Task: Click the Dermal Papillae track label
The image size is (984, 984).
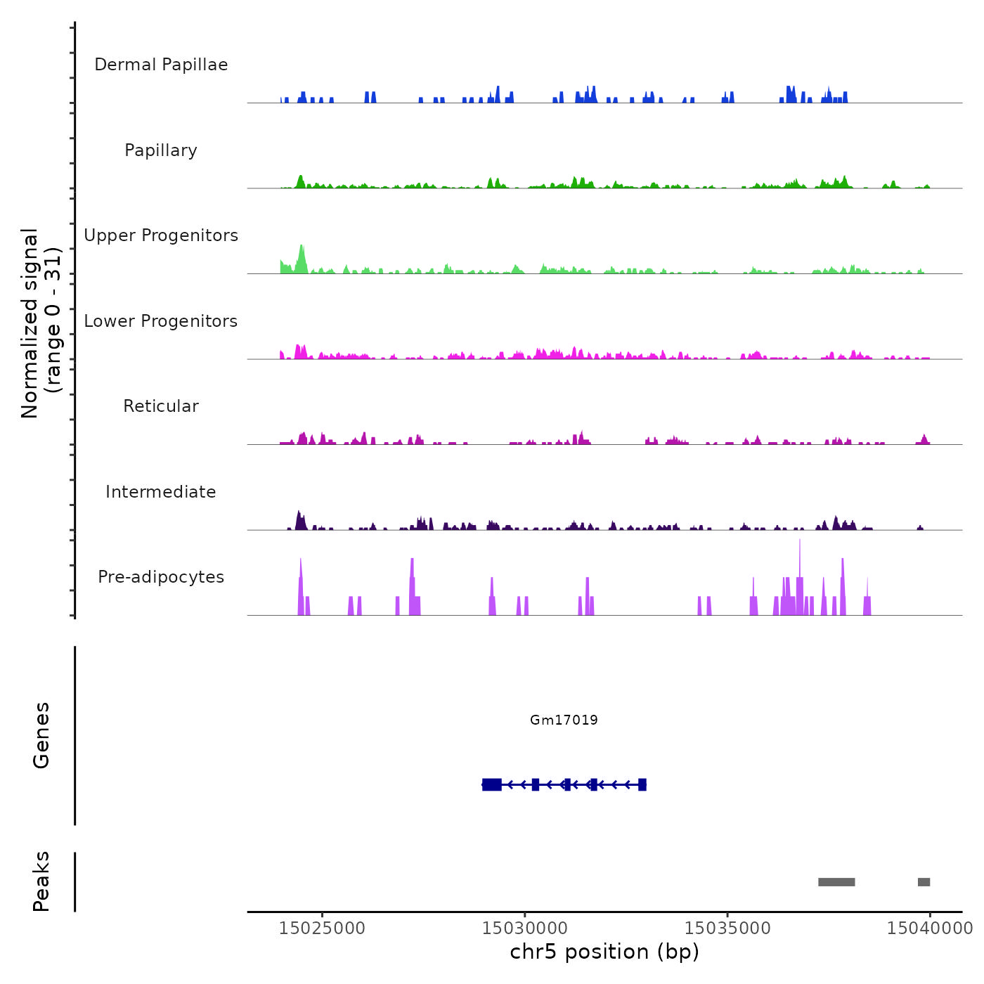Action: (x=161, y=65)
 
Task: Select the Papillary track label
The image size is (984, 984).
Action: (x=161, y=150)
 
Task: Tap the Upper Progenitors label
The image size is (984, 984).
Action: (x=161, y=235)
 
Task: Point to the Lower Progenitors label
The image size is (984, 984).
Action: (x=161, y=321)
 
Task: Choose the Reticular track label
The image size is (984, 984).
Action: (x=161, y=406)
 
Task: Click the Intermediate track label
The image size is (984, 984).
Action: (x=161, y=492)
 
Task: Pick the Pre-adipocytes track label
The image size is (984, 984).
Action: (x=161, y=577)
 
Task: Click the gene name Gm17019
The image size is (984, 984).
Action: (x=564, y=720)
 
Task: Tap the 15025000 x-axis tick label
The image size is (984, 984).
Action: (x=322, y=928)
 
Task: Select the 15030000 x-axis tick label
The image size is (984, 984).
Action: (x=524, y=928)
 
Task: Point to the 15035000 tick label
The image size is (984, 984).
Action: (x=727, y=928)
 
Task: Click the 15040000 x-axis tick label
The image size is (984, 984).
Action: (x=929, y=928)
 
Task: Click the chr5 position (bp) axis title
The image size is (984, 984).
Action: (x=604, y=952)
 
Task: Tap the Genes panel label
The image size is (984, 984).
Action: (x=41, y=735)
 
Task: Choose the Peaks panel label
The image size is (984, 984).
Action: (x=41, y=881)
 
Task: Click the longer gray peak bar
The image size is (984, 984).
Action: (x=836, y=882)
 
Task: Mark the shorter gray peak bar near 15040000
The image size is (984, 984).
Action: (x=924, y=882)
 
